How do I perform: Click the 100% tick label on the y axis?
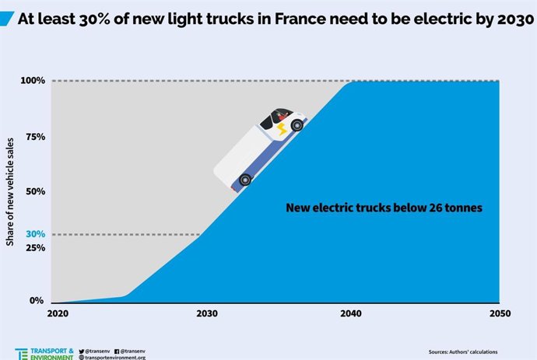point(33,81)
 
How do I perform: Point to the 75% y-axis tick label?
point(35,137)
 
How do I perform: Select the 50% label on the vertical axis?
point(35,191)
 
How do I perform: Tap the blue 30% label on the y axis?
point(35,234)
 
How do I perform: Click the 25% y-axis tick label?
point(35,248)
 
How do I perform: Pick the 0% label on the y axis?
point(37,301)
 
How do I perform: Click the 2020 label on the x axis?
point(58,314)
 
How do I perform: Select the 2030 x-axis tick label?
point(207,314)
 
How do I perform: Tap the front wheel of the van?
point(297,124)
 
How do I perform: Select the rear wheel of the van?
point(245,180)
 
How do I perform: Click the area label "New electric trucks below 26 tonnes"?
point(384,208)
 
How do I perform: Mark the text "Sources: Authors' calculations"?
point(463,351)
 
